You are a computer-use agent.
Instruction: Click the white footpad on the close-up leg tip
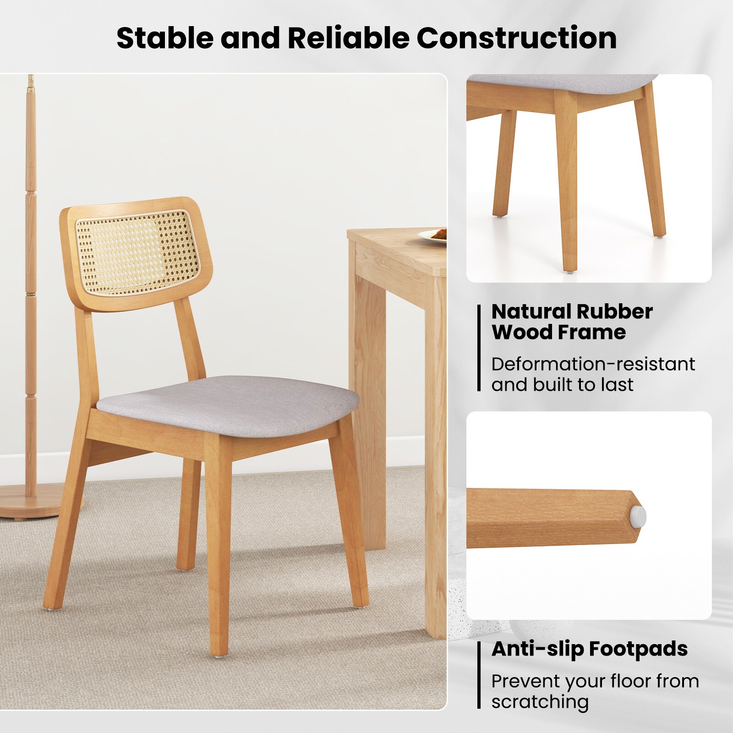pyautogui.click(x=640, y=516)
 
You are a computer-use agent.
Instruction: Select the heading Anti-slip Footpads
pyautogui.click(x=589, y=649)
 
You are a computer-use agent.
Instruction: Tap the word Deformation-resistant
pyautogui.click(x=593, y=364)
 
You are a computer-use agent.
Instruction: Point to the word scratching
pyautogui.click(x=540, y=701)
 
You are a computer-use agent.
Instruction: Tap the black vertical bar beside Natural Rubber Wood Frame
pyautogui.click(x=479, y=348)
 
